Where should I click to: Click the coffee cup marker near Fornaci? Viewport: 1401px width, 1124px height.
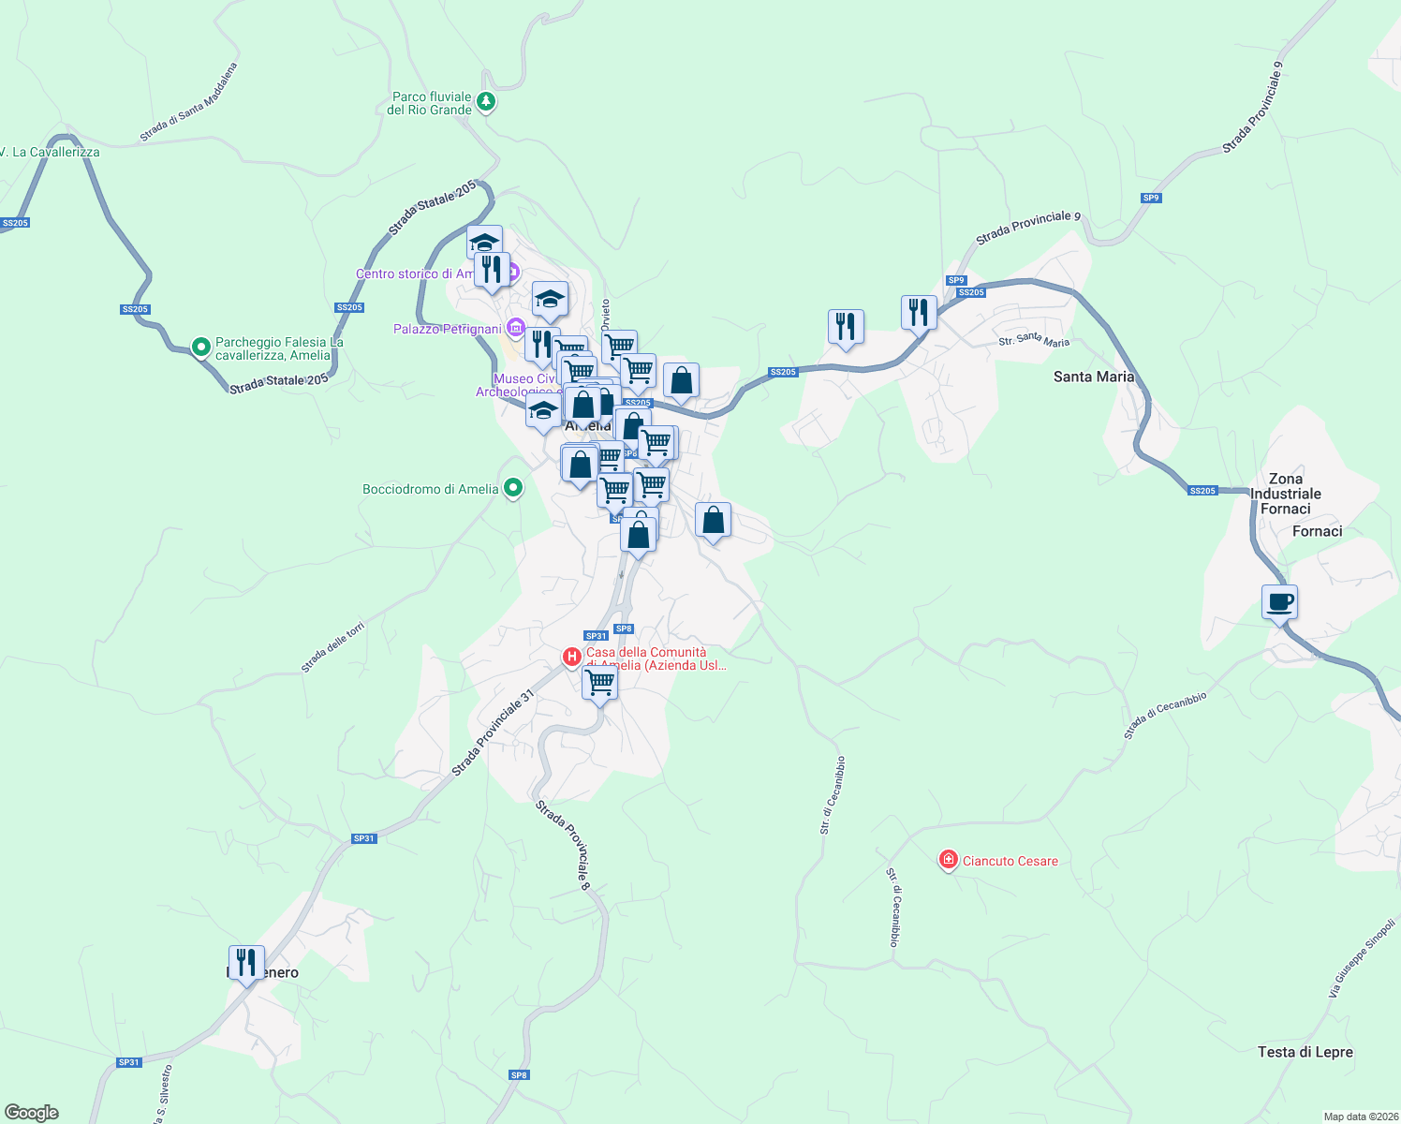pyautogui.click(x=1279, y=602)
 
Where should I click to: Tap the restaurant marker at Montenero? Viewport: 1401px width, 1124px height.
pyautogui.click(x=245, y=963)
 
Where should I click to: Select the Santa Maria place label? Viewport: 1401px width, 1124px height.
pyautogui.click(x=1093, y=377)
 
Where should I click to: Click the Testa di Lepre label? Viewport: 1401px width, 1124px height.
pyautogui.click(x=1305, y=1052)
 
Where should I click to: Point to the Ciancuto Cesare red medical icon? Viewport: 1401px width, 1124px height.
pyautogui.click(x=948, y=860)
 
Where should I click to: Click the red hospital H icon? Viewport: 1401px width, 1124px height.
pyautogui.click(x=571, y=658)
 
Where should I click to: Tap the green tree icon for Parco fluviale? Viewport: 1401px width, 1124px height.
pyautogui.click(x=485, y=101)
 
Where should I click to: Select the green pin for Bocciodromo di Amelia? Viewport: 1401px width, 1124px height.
pyautogui.click(x=512, y=488)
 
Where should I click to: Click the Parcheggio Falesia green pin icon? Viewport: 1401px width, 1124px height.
pyautogui.click(x=200, y=348)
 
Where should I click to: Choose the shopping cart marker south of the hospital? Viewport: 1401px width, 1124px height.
pyautogui.click(x=599, y=683)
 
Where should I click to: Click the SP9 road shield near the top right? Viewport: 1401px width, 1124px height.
pyautogui.click(x=1151, y=198)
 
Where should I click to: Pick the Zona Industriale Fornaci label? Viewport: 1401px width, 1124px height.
pyautogui.click(x=1285, y=494)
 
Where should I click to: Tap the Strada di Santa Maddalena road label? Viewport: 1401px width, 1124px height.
pyautogui.click(x=189, y=103)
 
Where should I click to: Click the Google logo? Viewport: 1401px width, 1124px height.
pyautogui.click(x=32, y=1113)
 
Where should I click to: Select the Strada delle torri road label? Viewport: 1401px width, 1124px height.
pyautogui.click(x=332, y=647)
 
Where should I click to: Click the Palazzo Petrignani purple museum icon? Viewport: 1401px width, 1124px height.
pyautogui.click(x=515, y=328)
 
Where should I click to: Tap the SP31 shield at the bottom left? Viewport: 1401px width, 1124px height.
pyautogui.click(x=128, y=1062)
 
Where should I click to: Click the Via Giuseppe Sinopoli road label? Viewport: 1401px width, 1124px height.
pyautogui.click(x=1363, y=958)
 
